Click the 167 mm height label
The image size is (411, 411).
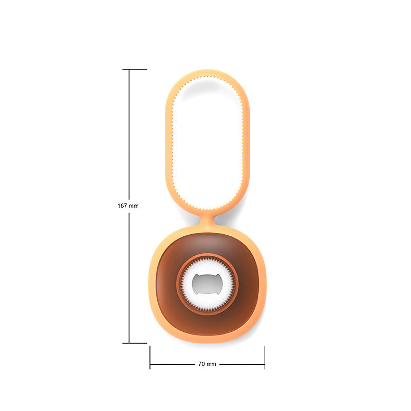pos(128,206)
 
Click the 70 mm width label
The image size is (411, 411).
pos(207,364)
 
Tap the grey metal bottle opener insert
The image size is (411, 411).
pos(207,285)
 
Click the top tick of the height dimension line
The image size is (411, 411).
pos(135,69)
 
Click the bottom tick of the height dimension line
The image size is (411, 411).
pos(135,343)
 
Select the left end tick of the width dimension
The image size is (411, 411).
pos(150,358)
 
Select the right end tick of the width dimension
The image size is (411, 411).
pos(265,358)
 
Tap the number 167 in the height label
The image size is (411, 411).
pos(122,206)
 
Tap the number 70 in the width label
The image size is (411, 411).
pos(201,364)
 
